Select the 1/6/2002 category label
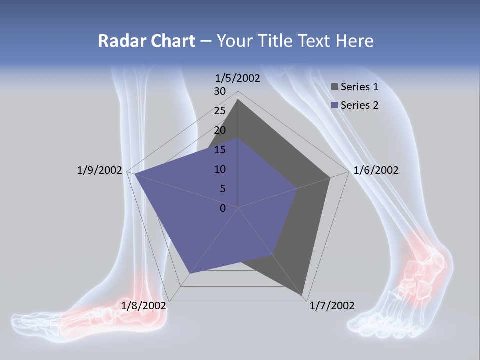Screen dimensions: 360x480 pyautogui.click(x=376, y=170)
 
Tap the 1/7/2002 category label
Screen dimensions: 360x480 pyautogui.click(x=332, y=306)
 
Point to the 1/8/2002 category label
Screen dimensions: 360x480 pyautogui.click(x=144, y=305)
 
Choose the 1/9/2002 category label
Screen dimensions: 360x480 pyautogui.click(x=100, y=170)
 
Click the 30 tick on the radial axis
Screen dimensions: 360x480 pyautogui.click(x=220, y=91)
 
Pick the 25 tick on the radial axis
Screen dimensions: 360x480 pyautogui.click(x=220, y=111)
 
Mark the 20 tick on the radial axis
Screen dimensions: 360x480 pyautogui.click(x=220, y=130)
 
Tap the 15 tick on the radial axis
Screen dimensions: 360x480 pyautogui.click(x=220, y=150)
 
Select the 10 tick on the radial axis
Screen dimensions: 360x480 pyautogui.click(x=220, y=169)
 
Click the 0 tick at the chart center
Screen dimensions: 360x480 pyautogui.click(x=223, y=208)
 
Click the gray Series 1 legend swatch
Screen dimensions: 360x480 pyautogui.click(x=334, y=87)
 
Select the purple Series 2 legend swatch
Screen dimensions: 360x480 pyautogui.click(x=334, y=105)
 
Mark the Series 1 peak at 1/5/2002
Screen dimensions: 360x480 pyautogui.click(x=238, y=100)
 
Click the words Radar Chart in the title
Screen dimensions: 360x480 pyautogui.click(x=146, y=41)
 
